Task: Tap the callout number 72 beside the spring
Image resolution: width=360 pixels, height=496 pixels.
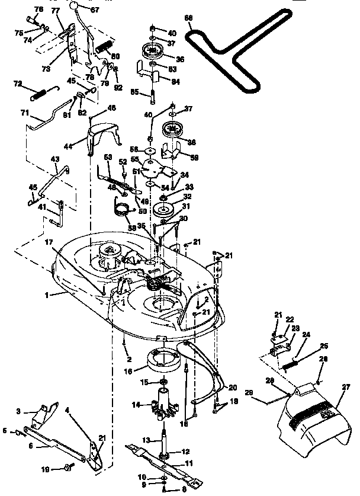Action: coord(18,84)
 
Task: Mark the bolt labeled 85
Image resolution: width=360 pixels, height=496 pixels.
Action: coord(153,95)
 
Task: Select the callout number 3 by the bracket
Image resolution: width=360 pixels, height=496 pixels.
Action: coord(18,411)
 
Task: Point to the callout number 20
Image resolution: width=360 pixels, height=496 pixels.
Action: coord(233,387)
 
